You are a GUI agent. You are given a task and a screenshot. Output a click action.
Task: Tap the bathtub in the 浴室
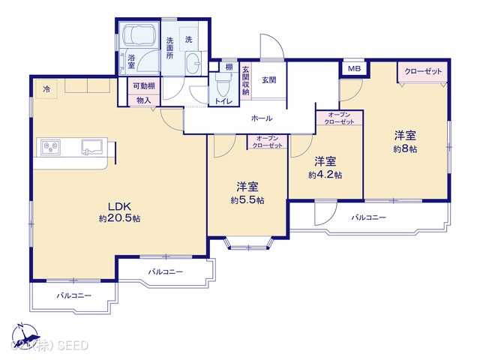[x=139, y=37]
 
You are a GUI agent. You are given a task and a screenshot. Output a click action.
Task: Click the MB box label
[x=352, y=69]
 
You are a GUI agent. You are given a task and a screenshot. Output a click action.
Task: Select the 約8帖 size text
[x=405, y=148]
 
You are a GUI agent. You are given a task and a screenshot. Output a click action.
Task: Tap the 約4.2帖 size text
[x=325, y=175]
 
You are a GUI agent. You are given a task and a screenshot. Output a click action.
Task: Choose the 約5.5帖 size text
[x=247, y=200]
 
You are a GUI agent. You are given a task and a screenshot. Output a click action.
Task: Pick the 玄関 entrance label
[x=269, y=79]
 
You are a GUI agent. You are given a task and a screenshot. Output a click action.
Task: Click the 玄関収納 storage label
[x=245, y=79]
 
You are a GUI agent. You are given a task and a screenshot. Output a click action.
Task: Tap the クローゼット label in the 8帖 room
[x=423, y=71]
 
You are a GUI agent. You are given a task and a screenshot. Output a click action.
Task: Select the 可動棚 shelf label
[x=144, y=86]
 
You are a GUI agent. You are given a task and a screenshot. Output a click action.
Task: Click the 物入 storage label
[x=144, y=100]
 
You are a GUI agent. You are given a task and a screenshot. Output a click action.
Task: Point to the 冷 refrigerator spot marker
[x=46, y=89]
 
